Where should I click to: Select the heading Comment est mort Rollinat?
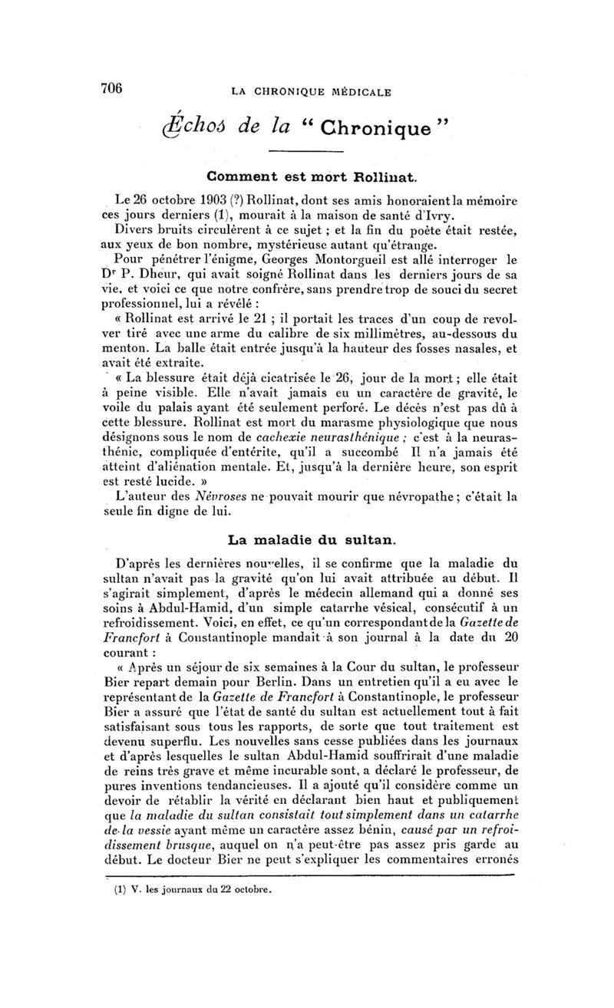pos(309,177)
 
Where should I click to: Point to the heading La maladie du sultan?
pos(309,540)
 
